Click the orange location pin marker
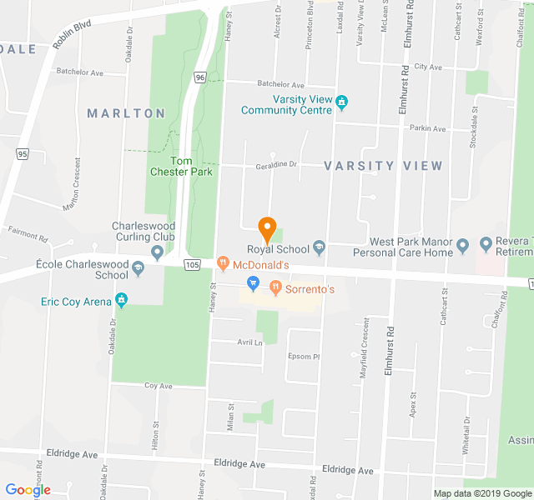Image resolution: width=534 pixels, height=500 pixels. pos(266,227)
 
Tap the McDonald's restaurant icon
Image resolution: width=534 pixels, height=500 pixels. pos(223,264)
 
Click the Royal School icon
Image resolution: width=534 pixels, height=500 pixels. pos(319,247)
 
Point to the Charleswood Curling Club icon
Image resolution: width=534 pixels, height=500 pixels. pos(157,252)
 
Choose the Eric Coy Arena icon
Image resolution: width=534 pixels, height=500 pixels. pos(122,300)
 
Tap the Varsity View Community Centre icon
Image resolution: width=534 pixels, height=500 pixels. pos(342,102)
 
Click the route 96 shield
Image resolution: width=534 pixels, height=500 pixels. pos(199,77)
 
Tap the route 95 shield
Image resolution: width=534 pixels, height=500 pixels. pos(23,154)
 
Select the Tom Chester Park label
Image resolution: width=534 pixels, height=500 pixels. pos(191,166)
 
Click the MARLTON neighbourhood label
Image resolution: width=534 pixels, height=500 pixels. pos(126,112)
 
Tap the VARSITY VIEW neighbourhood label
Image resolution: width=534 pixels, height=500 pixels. pos(383,166)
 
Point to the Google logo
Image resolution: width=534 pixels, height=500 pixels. pos(28,490)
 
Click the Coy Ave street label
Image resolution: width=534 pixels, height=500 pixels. pos(158,386)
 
